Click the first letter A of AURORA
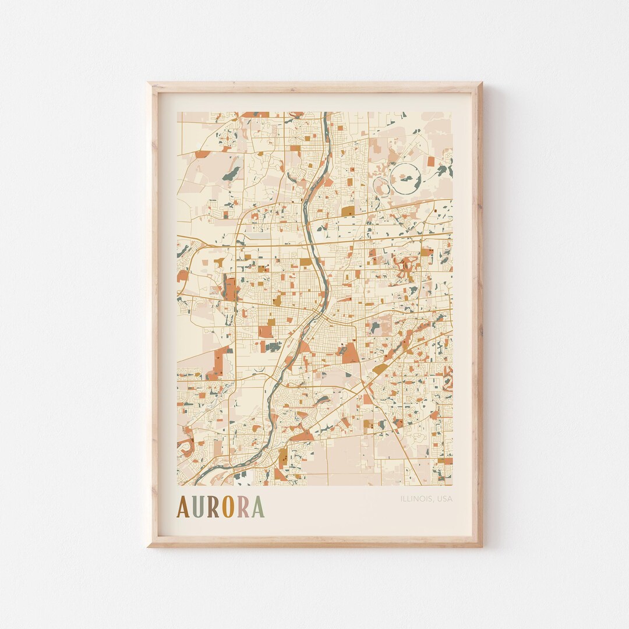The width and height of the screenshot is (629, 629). pos(183,507)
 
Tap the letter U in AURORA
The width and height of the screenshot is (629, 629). pos(199,507)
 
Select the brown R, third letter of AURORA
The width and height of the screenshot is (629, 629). pos(214,507)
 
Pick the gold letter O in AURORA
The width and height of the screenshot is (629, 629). pos(228,507)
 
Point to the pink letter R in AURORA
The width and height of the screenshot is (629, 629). pos(243,507)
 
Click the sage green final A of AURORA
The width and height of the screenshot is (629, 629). pos(257,507)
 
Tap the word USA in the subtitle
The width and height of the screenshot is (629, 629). pos(444,499)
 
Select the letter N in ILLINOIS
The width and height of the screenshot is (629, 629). pos(417,499)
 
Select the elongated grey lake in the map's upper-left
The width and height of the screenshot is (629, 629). pos(230,174)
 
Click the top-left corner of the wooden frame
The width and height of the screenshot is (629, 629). pos(149,84)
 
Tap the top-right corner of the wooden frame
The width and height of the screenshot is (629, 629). pos(480,84)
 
